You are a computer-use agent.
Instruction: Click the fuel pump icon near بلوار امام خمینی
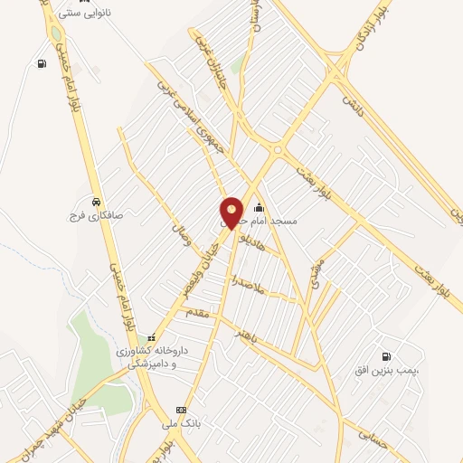tap(42, 63)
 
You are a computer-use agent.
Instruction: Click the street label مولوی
tap(315, 275)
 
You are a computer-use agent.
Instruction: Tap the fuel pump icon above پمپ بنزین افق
tap(388, 355)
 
